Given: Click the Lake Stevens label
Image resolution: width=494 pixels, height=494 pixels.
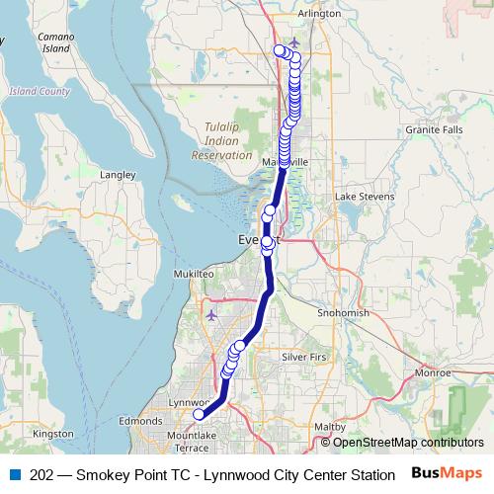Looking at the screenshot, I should coord(365,198).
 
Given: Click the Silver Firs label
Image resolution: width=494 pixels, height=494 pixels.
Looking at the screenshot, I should coord(304,356).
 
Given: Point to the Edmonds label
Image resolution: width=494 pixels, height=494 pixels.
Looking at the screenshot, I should coord(139,421).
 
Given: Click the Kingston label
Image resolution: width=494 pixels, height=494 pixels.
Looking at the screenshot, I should coord(53,433).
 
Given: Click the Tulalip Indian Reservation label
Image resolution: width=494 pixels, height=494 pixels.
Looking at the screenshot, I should coord(221,141).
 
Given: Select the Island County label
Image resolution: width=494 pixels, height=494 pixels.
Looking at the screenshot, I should coord(40,92).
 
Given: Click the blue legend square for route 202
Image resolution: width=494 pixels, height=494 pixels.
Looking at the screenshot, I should coord(14,475).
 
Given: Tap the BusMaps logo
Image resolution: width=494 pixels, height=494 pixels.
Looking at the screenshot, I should coord(448,474).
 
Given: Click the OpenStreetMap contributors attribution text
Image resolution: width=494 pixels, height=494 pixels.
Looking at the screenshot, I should coord(407,443).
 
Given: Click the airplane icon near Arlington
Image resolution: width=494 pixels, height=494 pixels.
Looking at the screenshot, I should coord(295,42).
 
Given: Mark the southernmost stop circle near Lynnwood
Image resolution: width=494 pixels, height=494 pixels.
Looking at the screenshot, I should coord(199,415).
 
